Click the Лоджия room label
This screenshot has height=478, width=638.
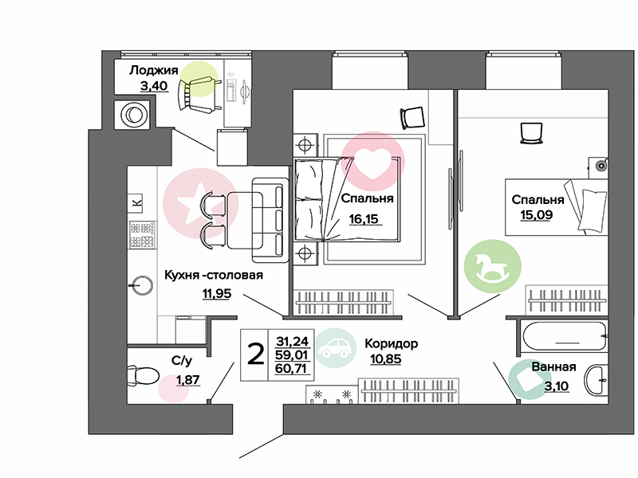[x=154, y=70]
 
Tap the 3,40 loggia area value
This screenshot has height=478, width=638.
[x=154, y=86]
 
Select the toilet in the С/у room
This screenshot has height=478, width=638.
[x=142, y=375]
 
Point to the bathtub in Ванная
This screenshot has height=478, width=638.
[x=565, y=336]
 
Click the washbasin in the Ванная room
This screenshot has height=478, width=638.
[x=597, y=380]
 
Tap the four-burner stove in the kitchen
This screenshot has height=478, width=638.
[x=142, y=234]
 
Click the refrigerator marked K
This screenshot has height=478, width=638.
[x=137, y=202]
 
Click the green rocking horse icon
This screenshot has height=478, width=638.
[x=492, y=266]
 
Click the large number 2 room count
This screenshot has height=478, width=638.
[x=256, y=354]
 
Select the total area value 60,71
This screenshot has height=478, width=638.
[x=292, y=369]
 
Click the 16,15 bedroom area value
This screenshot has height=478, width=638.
[x=364, y=219]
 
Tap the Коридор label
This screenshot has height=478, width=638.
[x=391, y=343]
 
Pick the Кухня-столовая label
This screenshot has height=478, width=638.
[x=214, y=275]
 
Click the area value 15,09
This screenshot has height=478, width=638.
[x=536, y=214]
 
